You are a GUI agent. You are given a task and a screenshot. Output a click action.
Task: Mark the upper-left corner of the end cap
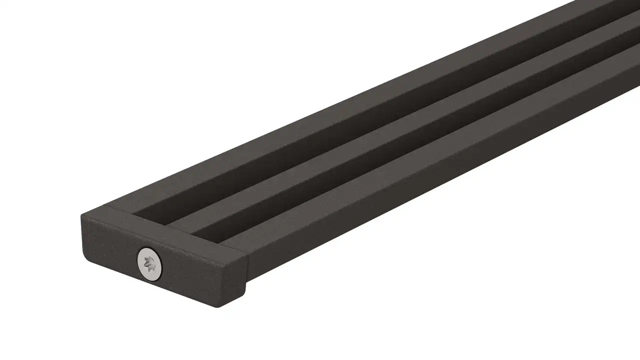[83, 215]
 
